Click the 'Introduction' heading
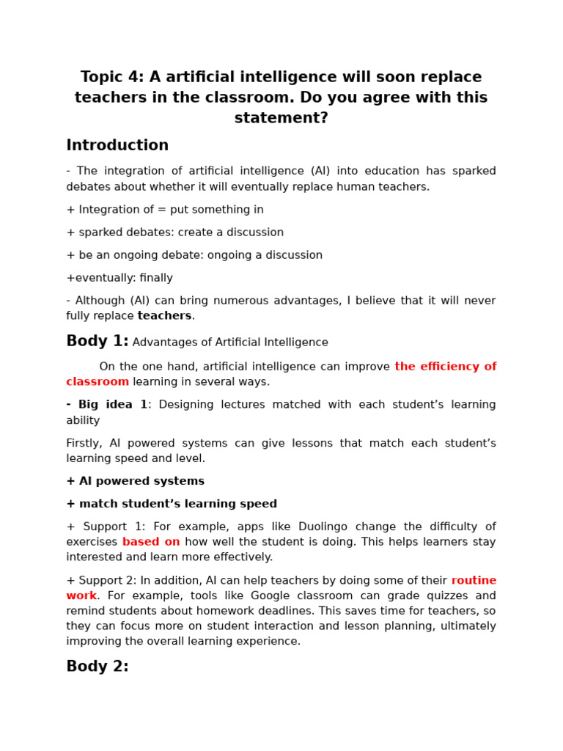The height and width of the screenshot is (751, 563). pyautogui.click(x=117, y=145)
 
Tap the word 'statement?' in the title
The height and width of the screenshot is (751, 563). pyautogui.click(x=281, y=118)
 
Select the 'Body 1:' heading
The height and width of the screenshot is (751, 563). pyautogui.click(x=97, y=341)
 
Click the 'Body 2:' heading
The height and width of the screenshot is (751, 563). pyautogui.click(x=97, y=666)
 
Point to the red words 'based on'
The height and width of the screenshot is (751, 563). pyautogui.click(x=151, y=542)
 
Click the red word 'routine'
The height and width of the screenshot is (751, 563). pyautogui.click(x=474, y=580)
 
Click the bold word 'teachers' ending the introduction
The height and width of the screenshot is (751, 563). pyautogui.click(x=164, y=316)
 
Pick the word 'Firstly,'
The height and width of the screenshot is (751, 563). pyautogui.click(x=84, y=443)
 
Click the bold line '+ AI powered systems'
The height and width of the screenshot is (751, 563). pyautogui.click(x=136, y=481)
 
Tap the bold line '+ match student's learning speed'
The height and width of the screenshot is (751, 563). pyautogui.click(x=172, y=504)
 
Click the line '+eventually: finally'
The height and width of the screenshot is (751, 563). pyautogui.click(x=119, y=278)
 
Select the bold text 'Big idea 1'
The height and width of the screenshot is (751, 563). pyautogui.click(x=113, y=405)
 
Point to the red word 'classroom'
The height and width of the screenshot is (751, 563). pyautogui.click(x=97, y=381)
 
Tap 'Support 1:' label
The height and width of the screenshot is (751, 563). pyautogui.click(x=116, y=527)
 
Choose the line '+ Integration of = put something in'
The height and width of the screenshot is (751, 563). pyautogui.click(x=165, y=210)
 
